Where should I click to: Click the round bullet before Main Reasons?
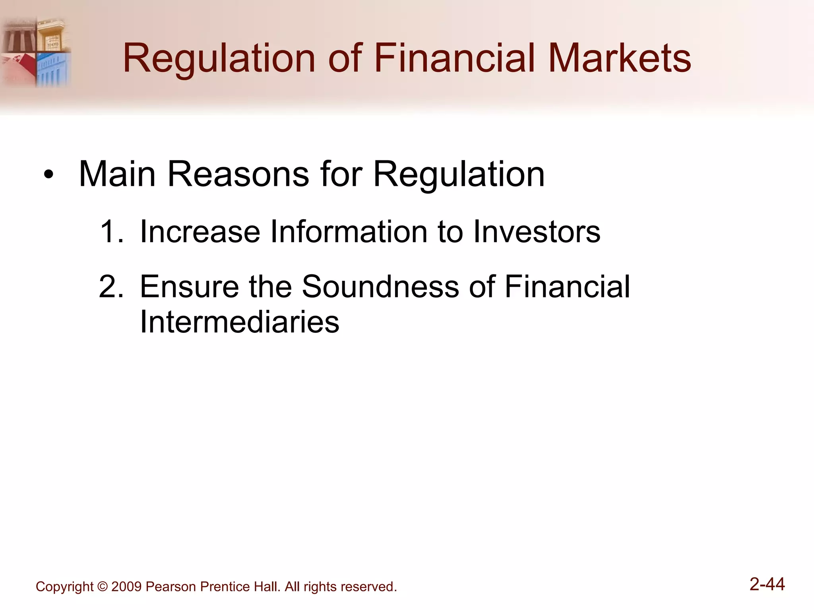tap(48, 175)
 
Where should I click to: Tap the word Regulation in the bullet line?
tap(459, 175)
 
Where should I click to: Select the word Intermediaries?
tap(239, 322)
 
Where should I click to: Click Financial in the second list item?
tap(567, 286)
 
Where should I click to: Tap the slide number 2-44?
tap(767, 584)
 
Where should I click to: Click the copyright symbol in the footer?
tap(102, 587)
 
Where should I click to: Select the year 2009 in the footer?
tap(126, 587)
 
